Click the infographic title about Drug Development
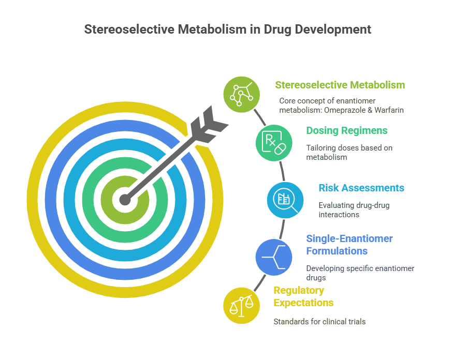tap(228, 29)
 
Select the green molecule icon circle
tap(242, 95)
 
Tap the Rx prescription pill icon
tap(273, 143)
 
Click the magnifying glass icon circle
tap(285, 200)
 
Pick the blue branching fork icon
tap(273, 257)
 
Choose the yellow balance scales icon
tap(242, 306)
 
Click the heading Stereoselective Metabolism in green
tap(340, 85)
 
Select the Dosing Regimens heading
tap(347, 130)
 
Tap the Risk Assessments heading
tap(361, 188)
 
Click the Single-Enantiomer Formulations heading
tap(349, 245)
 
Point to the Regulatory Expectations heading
tap(303, 296)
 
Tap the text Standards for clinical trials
tap(319, 322)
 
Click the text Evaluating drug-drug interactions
tap(354, 210)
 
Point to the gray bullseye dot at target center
tap(125, 200)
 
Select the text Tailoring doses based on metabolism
tap(349, 153)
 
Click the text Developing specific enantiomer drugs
tap(360, 273)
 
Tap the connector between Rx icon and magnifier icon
tap(282, 171)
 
